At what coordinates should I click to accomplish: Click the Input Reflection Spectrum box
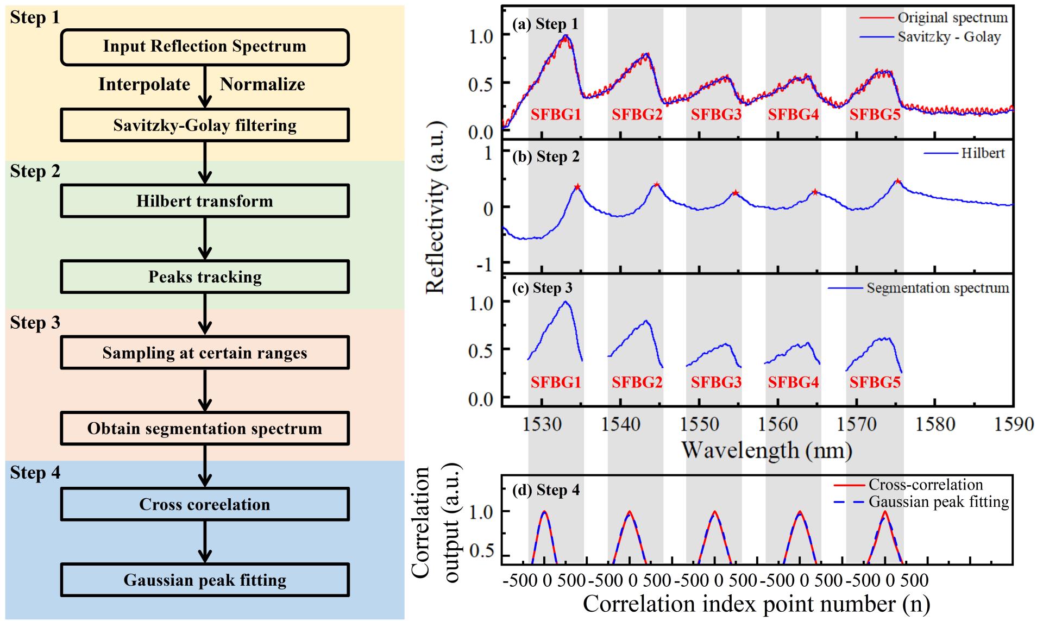point(204,47)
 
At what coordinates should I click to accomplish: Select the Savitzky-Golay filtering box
point(204,126)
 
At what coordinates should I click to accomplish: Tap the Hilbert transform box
point(204,201)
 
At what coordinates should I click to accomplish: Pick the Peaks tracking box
point(204,277)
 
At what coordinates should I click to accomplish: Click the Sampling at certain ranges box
point(204,353)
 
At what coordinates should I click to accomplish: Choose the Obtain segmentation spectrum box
point(204,429)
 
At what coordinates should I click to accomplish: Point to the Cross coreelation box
point(204,504)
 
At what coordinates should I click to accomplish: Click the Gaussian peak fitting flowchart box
point(204,580)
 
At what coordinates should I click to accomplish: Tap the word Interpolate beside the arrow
point(144,85)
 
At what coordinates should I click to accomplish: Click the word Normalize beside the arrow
point(262,85)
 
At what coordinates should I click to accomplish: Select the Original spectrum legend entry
point(952,17)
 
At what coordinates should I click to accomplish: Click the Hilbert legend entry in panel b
point(983,153)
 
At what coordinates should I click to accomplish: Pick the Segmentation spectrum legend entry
point(937,288)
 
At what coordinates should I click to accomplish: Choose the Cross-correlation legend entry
point(925,485)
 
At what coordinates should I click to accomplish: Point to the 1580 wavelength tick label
point(935,424)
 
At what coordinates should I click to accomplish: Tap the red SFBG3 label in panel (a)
point(716,115)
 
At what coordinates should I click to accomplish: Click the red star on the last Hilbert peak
point(898,181)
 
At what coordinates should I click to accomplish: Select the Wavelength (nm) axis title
point(766,450)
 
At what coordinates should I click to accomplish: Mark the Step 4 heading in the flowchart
point(35,473)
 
